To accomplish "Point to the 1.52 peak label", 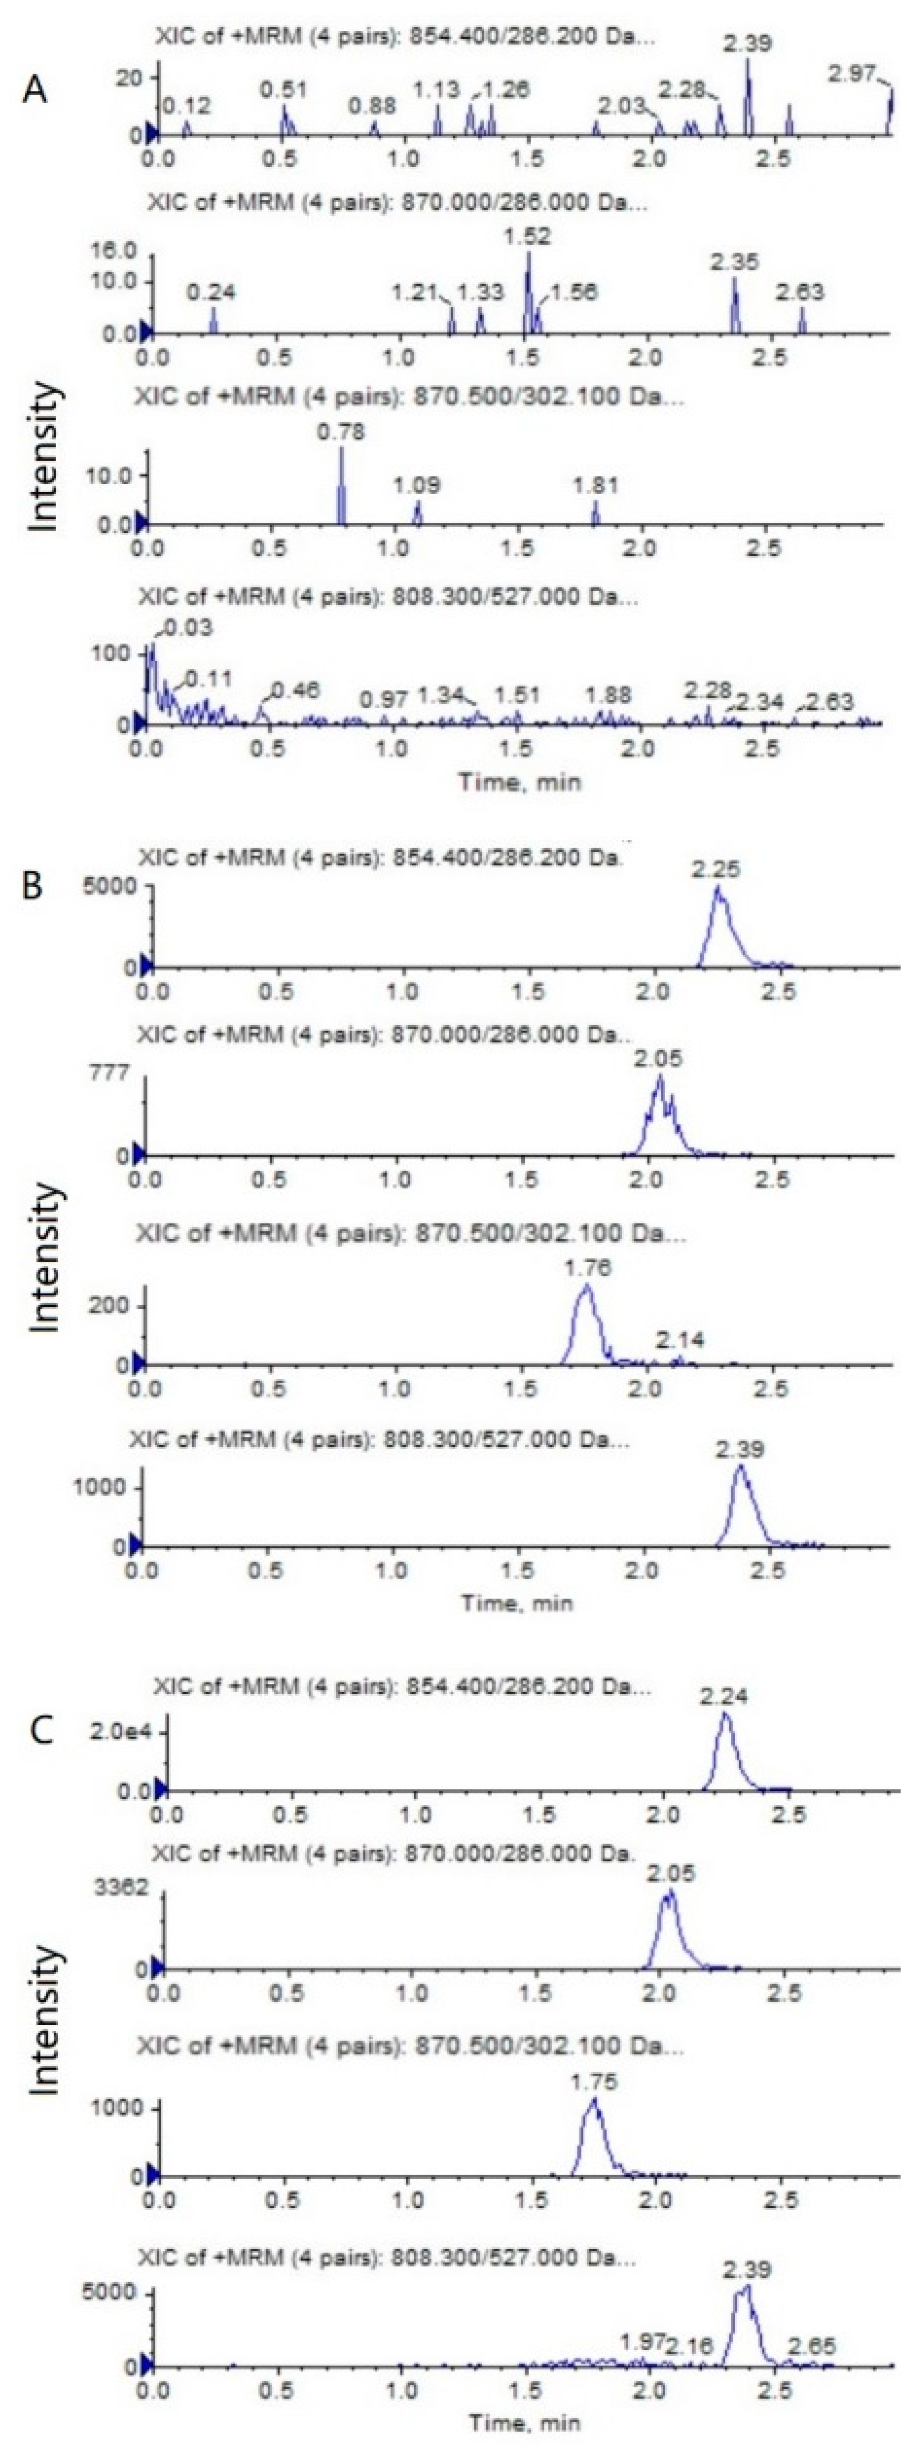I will tap(528, 236).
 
